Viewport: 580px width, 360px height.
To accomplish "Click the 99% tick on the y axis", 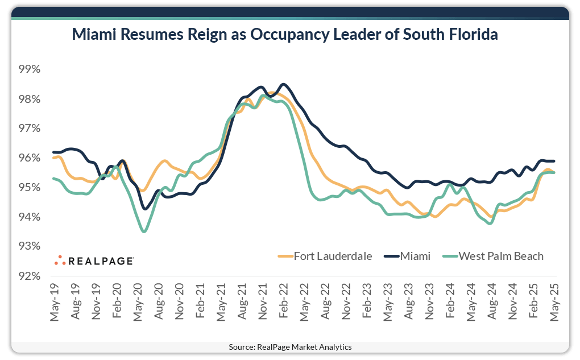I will pos(30,69).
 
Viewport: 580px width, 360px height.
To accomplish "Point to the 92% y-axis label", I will pos(30,276).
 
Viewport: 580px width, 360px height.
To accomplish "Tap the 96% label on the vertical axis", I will pos(30,158).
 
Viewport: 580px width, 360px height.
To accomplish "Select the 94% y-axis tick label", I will pos(30,217).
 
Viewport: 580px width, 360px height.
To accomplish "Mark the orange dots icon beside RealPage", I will pos(60,260).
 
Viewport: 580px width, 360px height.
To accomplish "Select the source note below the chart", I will pos(290,346).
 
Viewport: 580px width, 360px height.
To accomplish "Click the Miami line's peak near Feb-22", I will pos(284,84).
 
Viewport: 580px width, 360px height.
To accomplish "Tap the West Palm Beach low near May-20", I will pos(144,231).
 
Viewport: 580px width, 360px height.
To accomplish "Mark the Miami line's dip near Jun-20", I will pos(145,209).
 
